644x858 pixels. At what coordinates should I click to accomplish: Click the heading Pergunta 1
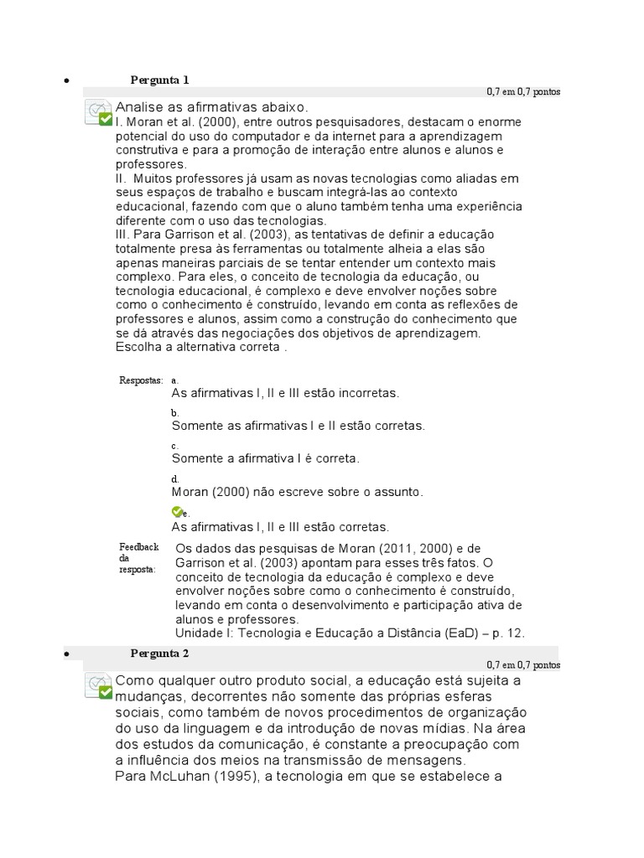159,80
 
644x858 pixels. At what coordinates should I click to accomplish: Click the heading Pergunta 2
159,653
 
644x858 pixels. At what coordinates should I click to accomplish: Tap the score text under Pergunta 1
523,91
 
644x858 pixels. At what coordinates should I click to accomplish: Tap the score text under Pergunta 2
523,664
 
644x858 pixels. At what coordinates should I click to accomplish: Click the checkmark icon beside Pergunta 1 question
99,113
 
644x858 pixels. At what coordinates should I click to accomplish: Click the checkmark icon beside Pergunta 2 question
99,685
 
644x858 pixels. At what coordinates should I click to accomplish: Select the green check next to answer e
176,511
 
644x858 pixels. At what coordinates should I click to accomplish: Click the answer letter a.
174,380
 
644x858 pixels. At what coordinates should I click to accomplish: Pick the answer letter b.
174,413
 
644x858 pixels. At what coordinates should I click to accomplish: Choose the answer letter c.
174,446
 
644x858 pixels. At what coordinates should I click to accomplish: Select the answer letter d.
174,478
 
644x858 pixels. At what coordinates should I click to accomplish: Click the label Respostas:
141,380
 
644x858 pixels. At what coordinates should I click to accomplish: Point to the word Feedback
138,546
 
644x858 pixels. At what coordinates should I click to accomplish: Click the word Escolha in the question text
139,348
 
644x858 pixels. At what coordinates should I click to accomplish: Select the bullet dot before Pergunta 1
65,82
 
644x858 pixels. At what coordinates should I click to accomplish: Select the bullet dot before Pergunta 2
65,654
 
